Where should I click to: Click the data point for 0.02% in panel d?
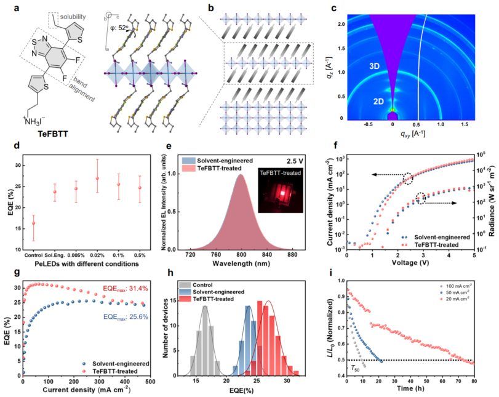click(97, 178)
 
